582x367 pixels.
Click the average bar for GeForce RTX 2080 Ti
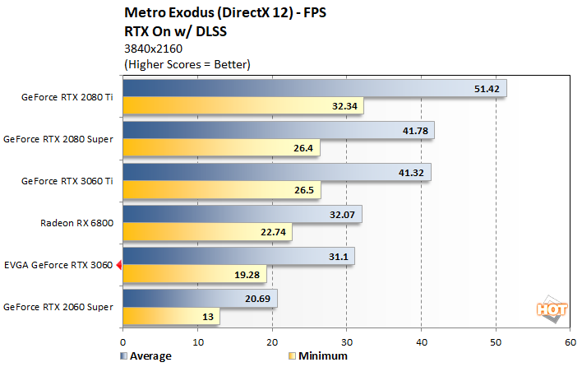coord(312,88)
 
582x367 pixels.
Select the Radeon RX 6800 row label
coord(77,222)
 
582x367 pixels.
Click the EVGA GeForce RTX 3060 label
coord(57,265)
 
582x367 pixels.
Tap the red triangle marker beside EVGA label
coord(118,265)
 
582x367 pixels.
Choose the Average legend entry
coord(148,356)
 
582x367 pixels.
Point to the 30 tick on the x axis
coord(346,341)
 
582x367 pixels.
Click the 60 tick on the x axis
coord(569,341)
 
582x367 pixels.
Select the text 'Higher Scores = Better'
coord(186,63)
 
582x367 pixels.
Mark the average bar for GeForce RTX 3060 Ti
coord(275,172)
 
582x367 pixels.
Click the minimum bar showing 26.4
coord(220,148)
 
